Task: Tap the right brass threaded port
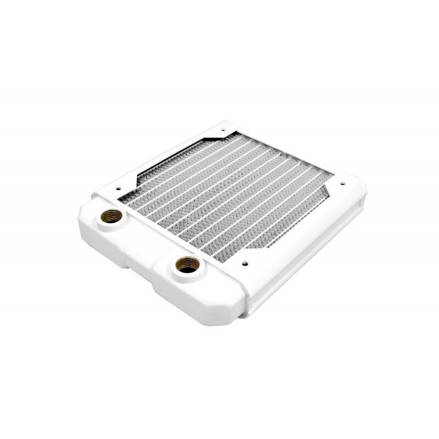(x=187, y=266)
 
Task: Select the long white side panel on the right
(x=307, y=252)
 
